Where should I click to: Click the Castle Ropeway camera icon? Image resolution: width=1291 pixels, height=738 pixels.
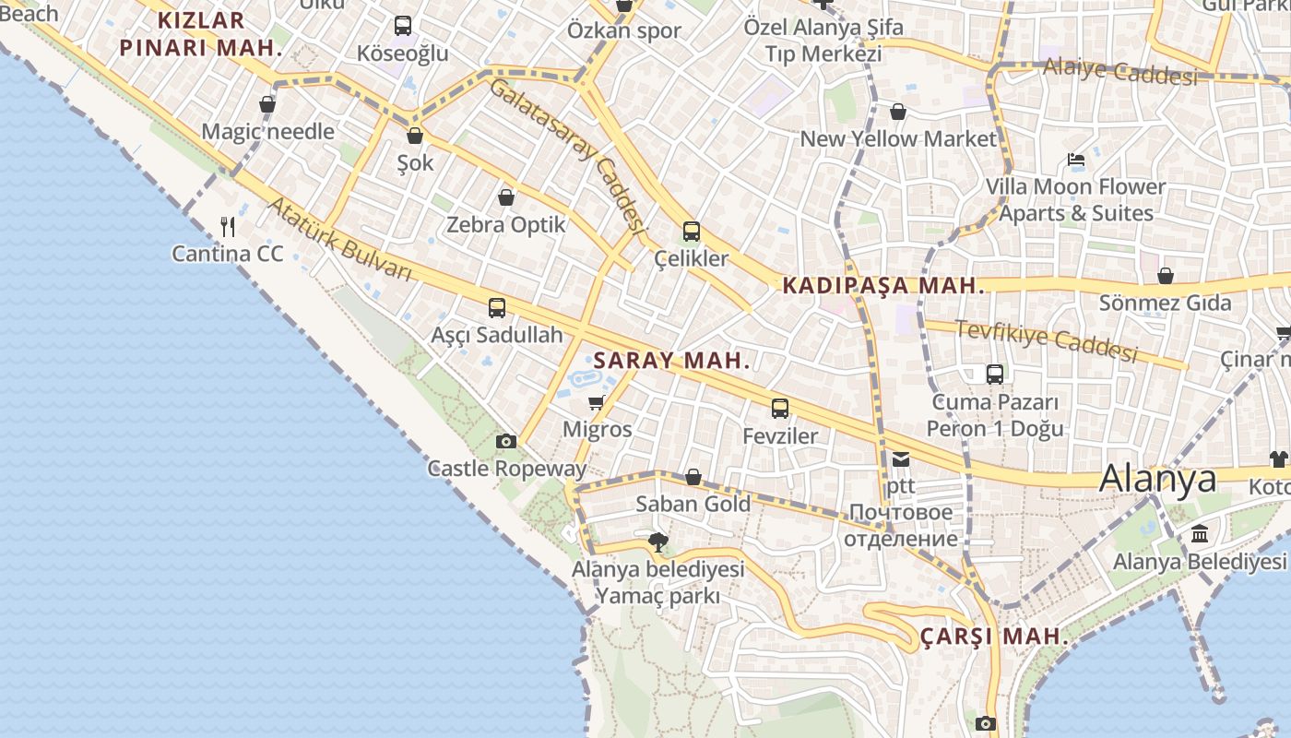(505, 442)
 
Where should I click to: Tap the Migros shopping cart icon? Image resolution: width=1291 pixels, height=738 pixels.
(596, 402)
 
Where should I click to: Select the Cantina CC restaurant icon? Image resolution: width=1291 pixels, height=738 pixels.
(228, 226)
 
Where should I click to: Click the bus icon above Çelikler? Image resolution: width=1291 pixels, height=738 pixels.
(691, 232)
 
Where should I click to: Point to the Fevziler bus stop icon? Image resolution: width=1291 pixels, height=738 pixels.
(780, 409)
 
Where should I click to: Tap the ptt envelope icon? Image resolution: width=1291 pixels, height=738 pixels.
(900, 458)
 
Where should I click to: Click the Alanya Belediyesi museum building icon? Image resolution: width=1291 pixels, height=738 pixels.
(1200, 534)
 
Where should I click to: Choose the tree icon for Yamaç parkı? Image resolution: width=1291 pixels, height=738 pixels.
(657, 542)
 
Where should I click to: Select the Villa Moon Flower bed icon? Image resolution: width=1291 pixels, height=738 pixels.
(1076, 160)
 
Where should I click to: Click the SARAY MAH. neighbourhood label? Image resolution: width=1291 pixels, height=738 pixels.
(671, 361)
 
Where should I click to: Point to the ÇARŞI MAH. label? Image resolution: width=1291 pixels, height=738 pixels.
(994, 637)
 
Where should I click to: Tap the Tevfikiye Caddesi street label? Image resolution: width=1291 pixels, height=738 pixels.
(1046, 340)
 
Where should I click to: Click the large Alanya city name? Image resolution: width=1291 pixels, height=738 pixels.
(1158, 478)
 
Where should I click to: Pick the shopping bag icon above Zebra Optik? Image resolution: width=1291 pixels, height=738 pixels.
(506, 197)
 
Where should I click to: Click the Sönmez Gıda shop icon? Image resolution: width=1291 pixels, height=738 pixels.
(1166, 276)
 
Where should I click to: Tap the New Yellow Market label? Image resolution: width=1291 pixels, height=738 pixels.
(898, 139)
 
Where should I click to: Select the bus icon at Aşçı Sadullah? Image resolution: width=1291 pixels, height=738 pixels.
(497, 308)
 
